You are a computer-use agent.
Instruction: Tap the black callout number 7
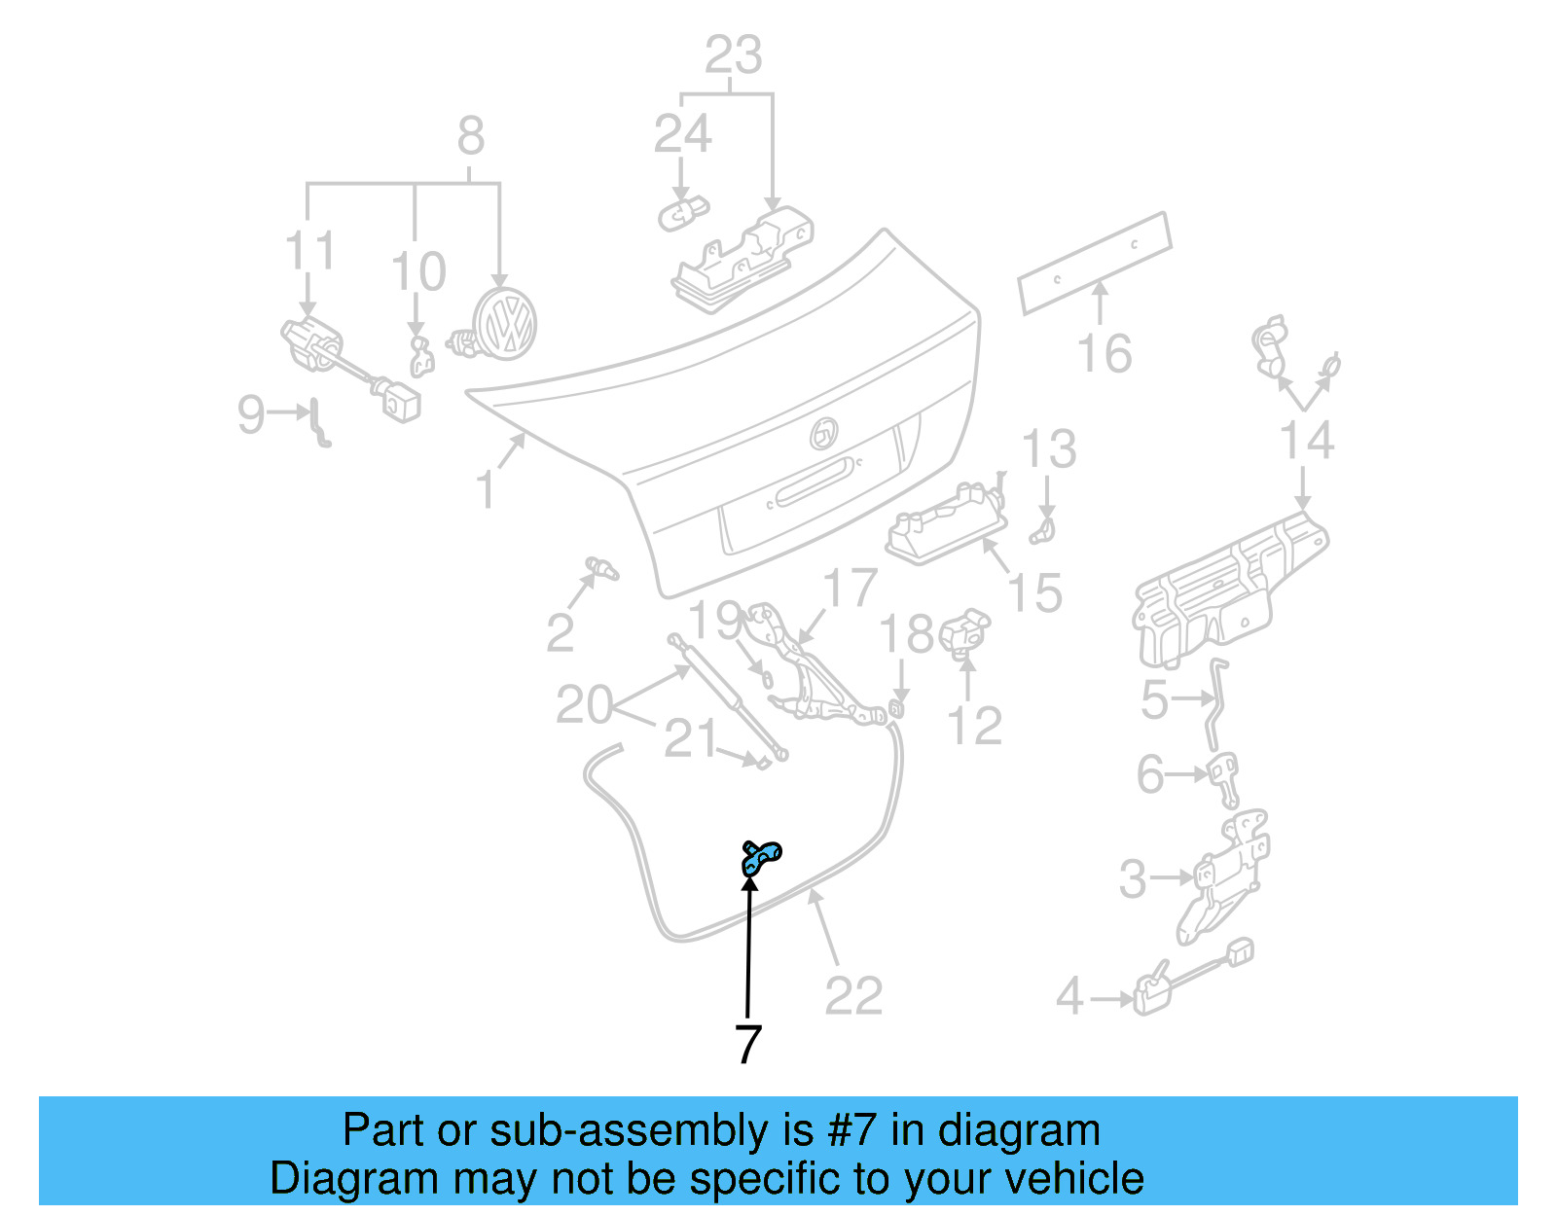746,1044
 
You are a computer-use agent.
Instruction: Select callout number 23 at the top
733,55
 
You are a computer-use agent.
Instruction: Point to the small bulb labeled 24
683,211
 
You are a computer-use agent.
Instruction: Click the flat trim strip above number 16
1095,263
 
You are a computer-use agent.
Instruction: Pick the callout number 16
1104,353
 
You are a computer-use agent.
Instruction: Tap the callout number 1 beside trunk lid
486,489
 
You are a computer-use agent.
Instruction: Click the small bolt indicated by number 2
601,567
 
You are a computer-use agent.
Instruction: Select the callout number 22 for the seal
853,995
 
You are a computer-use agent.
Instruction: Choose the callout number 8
470,135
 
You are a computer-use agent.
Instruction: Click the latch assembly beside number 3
1223,876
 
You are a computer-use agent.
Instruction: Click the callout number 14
1306,441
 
